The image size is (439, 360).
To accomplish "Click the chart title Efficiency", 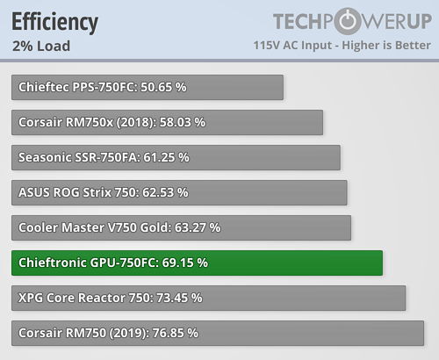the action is pos(54,22).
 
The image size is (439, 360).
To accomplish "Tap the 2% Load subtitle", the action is pos(41,46).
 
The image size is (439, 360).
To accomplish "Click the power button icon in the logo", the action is pos(348,21).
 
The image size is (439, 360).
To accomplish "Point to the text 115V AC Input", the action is pos(292,46).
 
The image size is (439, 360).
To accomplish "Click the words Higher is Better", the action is pos(386,46).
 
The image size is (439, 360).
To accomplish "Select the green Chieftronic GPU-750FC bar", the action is pos(197,263).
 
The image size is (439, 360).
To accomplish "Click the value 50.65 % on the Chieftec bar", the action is pos(163,87).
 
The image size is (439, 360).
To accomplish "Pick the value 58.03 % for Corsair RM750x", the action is pos(183,122).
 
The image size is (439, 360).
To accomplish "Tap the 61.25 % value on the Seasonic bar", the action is pos(166,157).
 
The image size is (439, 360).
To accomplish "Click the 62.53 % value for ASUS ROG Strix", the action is pos(165,192).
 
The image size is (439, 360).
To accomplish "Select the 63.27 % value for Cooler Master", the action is pos(198,227).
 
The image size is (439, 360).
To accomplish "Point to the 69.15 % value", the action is pos(185,263).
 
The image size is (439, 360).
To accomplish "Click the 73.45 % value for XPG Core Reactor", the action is pos(179,298).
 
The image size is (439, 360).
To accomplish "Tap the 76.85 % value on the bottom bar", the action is pos(176,333).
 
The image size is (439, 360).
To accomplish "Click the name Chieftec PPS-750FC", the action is pos(78,87).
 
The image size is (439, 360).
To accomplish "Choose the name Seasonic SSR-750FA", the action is pos(79,157).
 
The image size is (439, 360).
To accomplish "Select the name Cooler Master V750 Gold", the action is pos(95,227).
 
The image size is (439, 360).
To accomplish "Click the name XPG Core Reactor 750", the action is pos(86,298).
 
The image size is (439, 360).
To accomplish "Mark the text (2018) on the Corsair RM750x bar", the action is pos(136,123).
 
